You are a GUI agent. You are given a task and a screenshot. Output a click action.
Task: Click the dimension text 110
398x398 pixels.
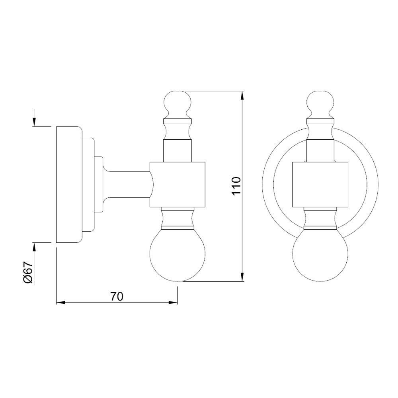point(236,186)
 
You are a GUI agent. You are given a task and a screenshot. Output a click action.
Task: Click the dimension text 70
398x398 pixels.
point(117,297)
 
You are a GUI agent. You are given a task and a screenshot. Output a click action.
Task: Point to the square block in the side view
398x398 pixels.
point(178,184)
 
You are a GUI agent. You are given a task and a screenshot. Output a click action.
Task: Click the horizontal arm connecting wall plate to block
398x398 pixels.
point(127,184)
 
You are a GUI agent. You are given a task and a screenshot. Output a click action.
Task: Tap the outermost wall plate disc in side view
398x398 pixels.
point(68,184)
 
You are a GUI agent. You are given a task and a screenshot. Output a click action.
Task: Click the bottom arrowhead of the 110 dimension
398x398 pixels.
point(242,277)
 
